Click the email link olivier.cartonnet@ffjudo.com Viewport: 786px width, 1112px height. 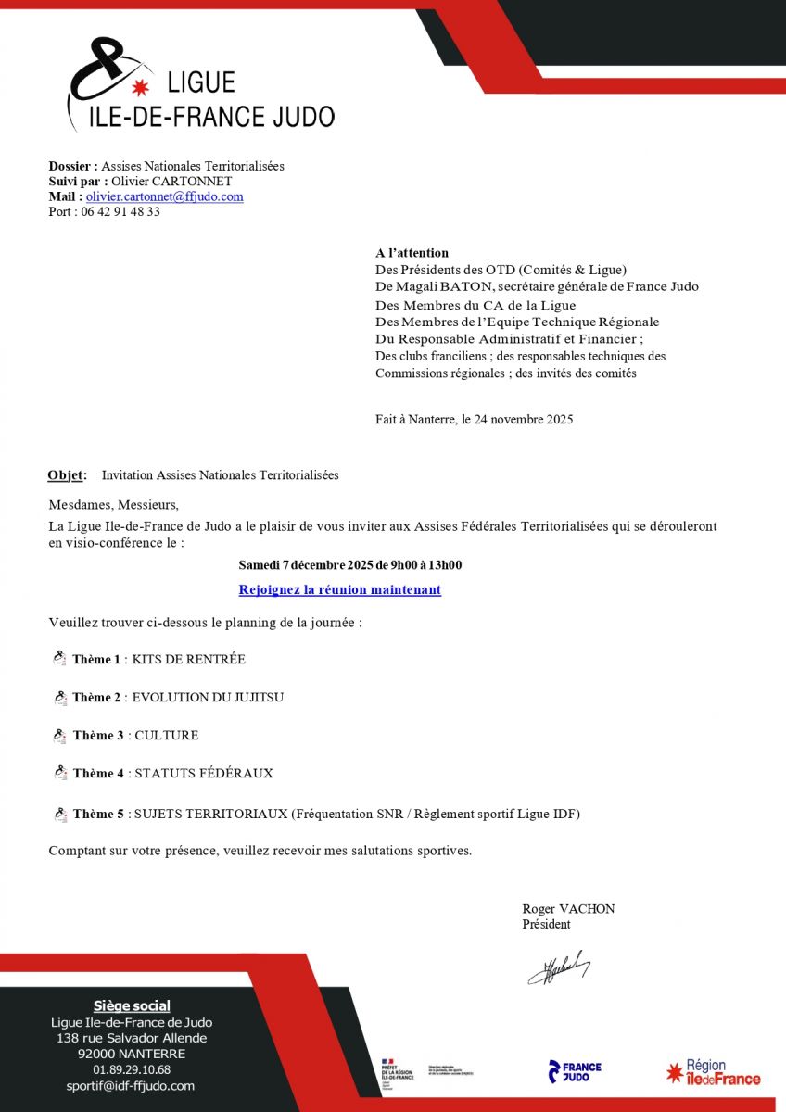tap(165, 196)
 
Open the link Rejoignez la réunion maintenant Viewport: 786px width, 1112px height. tap(339, 589)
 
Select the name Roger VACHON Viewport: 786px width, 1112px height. tap(568, 909)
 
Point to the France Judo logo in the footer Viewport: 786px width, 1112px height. tap(575, 1072)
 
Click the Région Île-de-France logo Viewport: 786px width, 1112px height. tap(713, 1072)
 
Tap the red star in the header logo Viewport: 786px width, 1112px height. tap(141, 88)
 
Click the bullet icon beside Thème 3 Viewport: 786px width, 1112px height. tap(60, 736)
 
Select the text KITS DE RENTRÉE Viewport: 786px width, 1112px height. tap(188, 660)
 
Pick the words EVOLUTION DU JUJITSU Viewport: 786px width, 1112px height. tap(208, 697)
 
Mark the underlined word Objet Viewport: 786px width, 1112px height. tap(66, 475)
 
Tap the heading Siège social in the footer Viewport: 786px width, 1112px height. tap(132, 1005)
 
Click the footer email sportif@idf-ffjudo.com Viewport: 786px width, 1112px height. tap(131, 1085)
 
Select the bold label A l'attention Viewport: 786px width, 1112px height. tap(412, 252)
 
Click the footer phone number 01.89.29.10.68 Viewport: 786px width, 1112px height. tap(132, 1069)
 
